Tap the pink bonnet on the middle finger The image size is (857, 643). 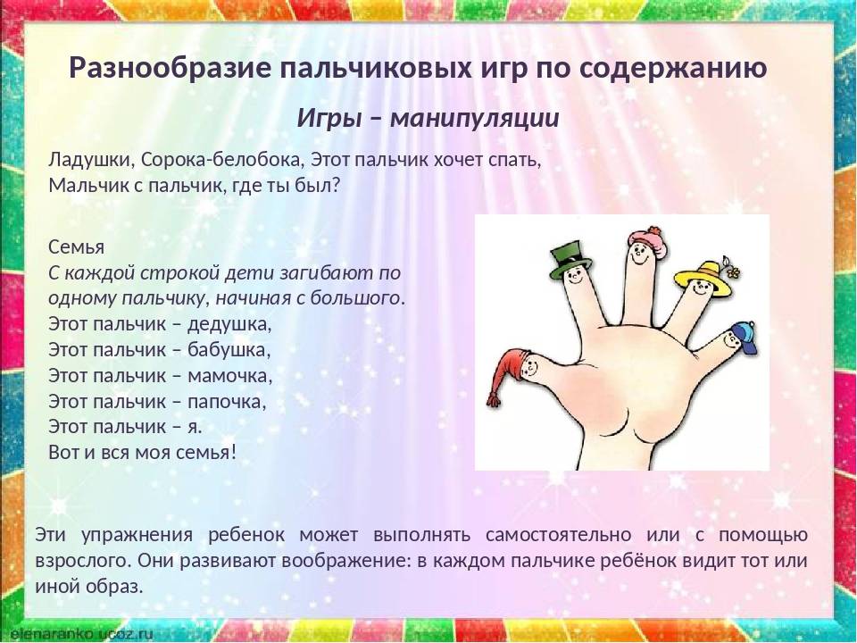[648, 240]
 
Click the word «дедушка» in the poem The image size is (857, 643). [229, 323]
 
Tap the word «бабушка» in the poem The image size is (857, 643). [229, 349]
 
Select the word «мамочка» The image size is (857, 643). [230, 376]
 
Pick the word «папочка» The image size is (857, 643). [228, 402]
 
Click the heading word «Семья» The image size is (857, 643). [77, 246]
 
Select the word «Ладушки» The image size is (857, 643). [92, 160]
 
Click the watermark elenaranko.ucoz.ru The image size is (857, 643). [77, 634]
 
